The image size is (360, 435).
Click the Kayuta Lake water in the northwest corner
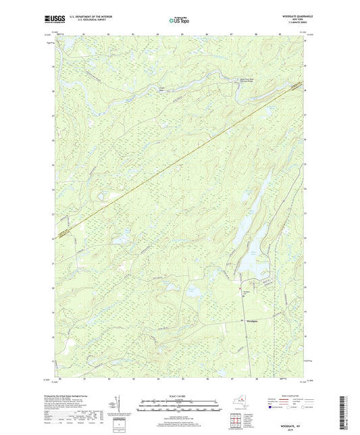(68, 45)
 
